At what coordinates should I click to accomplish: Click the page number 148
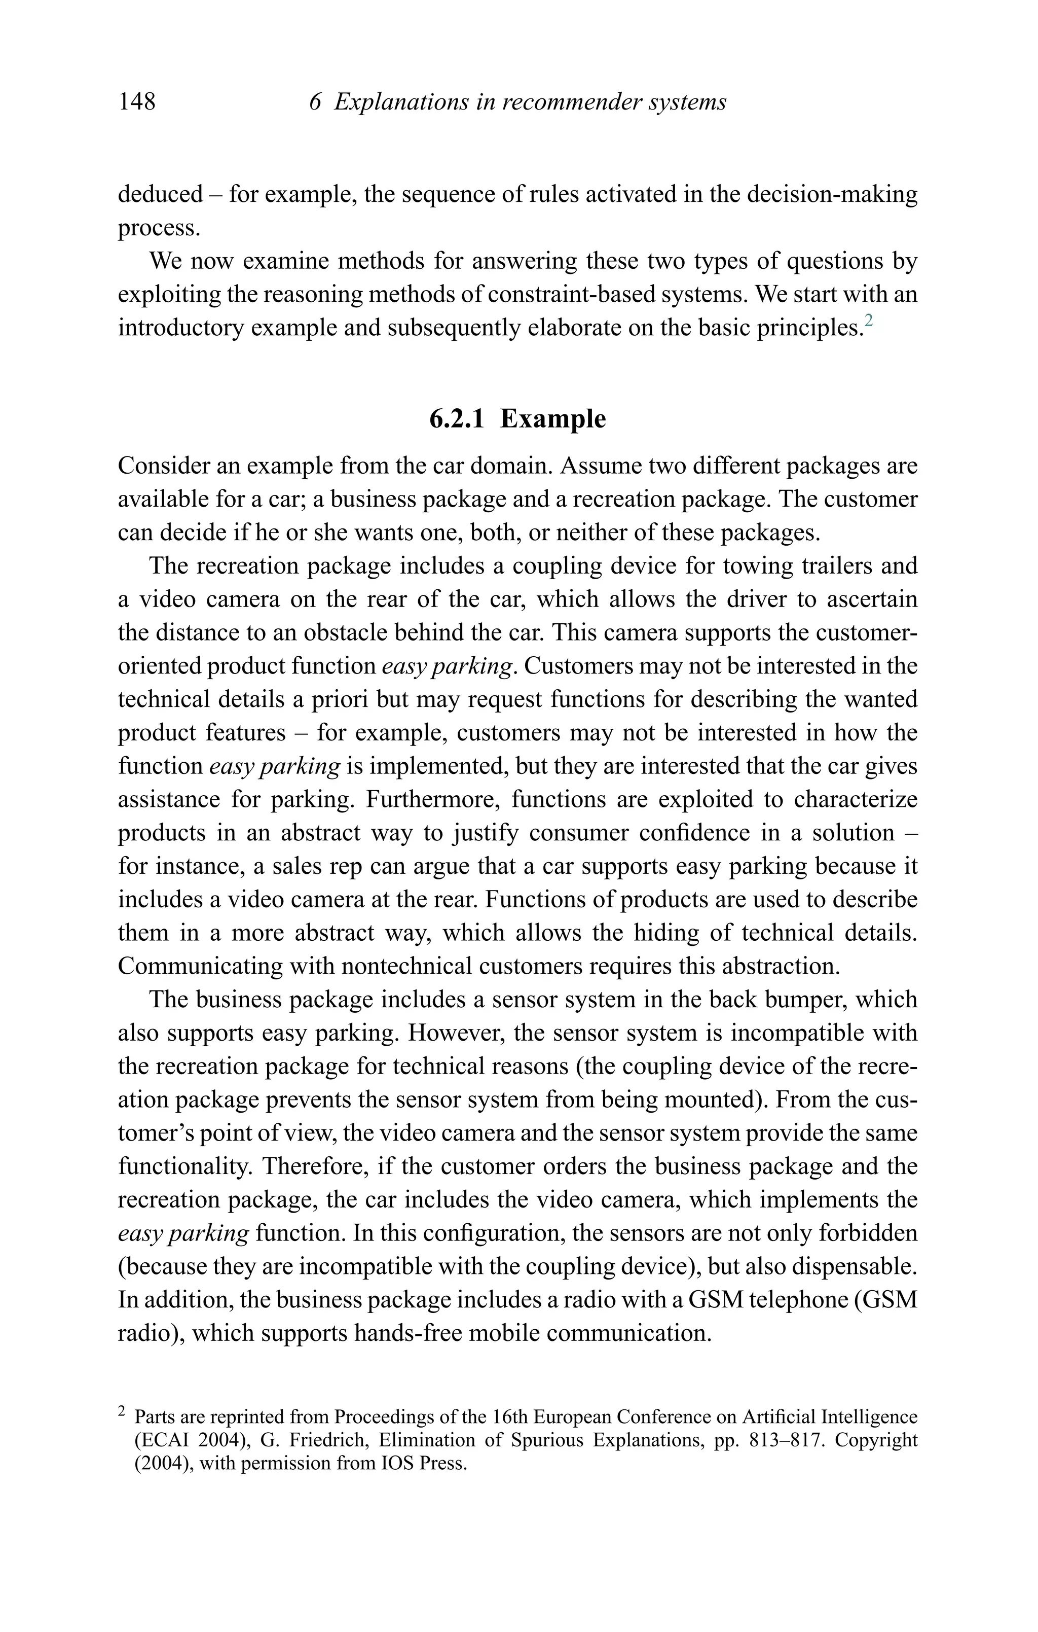coord(137,101)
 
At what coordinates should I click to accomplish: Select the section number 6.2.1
coord(457,418)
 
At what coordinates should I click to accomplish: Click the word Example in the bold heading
coord(553,418)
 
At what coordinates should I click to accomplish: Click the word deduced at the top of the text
coord(160,195)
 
